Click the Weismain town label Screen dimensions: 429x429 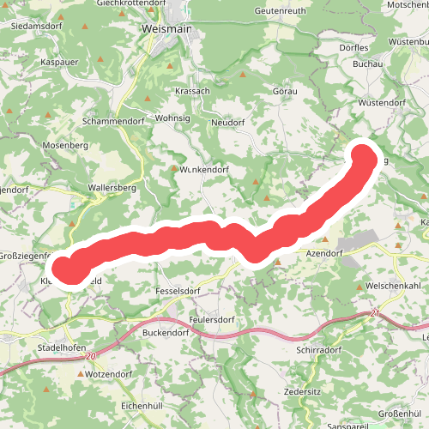(x=166, y=27)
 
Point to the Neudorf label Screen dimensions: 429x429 (x=228, y=123)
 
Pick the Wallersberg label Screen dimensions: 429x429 (x=112, y=186)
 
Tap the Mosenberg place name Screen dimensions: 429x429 (x=65, y=146)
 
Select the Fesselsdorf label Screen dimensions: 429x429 (x=178, y=292)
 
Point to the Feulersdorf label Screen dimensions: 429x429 (x=212, y=319)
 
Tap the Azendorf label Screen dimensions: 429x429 (x=324, y=255)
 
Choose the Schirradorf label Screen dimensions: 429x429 (x=318, y=351)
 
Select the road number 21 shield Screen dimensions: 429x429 (x=375, y=314)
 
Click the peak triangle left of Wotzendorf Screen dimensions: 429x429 (x=81, y=375)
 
